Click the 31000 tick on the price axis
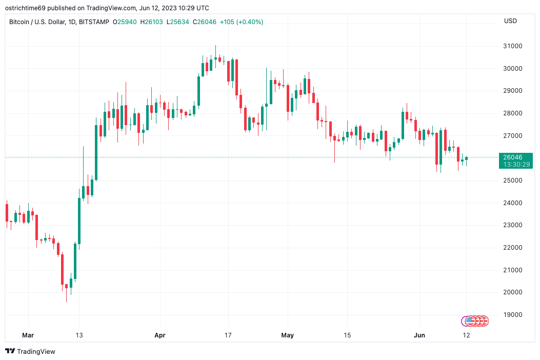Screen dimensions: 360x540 [513, 46]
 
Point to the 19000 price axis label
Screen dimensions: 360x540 [513, 315]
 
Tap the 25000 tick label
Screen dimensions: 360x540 [513, 181]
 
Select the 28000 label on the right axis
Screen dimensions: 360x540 [513, 113]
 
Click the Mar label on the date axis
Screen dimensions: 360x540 [28, 335]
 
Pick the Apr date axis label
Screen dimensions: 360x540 [160, 335]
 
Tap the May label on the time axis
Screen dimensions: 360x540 [288, 335]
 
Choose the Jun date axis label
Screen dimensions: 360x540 [419, 335]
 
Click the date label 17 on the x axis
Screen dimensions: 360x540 [228, 335]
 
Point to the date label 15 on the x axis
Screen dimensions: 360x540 [347, 335]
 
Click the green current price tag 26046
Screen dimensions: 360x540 [515, 157]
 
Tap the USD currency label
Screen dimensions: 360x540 [510, 21]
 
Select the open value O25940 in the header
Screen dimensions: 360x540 [125, 22]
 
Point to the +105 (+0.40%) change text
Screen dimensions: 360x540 [244, 22]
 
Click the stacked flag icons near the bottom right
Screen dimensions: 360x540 [475, 321]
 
